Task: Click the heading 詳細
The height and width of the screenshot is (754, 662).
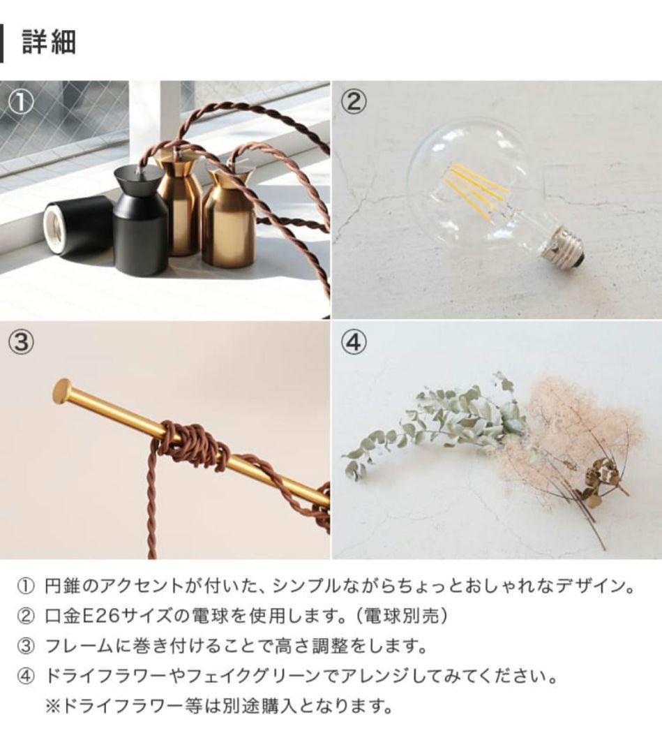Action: [49, 43]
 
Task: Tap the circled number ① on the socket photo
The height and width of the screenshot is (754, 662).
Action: [22, 103]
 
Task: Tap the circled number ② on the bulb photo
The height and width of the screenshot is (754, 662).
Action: [354, 103]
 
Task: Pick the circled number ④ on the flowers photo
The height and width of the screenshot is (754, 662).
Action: [354, 343]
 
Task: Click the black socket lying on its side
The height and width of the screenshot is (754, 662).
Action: [77, 225]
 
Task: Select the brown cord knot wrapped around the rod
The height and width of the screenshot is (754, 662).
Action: [192, 447]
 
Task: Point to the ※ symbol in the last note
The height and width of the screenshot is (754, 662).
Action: [53, 706]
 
